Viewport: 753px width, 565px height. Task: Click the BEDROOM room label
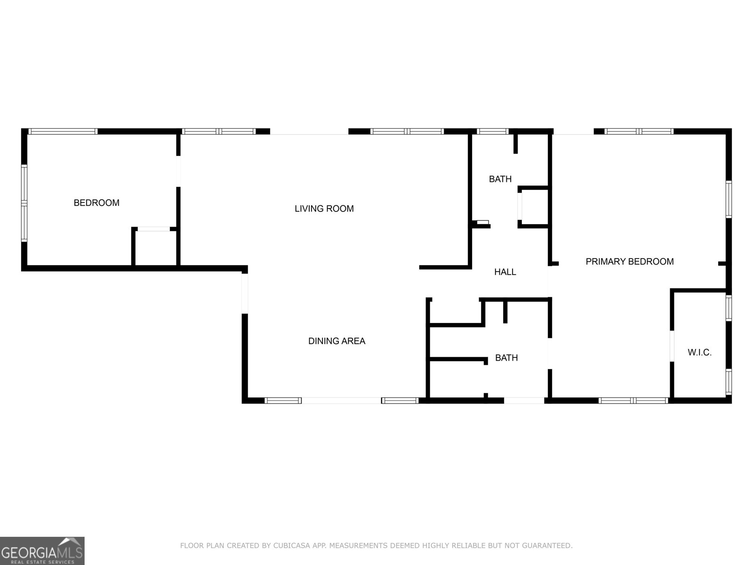[96, 203]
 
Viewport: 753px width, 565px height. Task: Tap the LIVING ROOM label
[324, 209]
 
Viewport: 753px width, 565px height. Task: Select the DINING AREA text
[336, 341]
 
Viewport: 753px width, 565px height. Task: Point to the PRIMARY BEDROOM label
[630, 262]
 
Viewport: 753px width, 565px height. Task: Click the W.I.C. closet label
[699, 352]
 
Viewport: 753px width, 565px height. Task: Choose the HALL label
[505, 272]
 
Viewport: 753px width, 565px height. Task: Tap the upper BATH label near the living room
[500, 179]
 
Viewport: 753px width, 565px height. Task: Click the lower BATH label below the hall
[506, 358]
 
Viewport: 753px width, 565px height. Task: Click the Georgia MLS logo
[42, 550]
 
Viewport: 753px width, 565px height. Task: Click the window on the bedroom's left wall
[24, 203]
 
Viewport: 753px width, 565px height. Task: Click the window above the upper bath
[492, 131]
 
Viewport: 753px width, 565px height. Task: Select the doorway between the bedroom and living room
[178, 171]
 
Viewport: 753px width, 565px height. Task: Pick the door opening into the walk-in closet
[672, 346]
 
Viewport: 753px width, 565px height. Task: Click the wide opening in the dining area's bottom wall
[341, 400]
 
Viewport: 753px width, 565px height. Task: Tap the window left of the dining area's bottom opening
[283, 400]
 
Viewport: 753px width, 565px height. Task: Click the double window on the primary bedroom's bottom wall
[633, 400]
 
